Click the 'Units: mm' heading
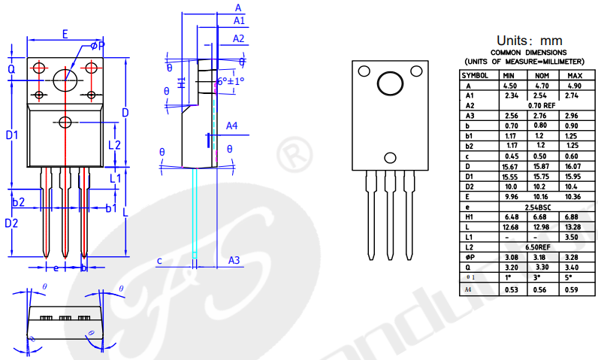[x=529, y=40]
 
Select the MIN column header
[x=509, y=76]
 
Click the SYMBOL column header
[x=475, y=76]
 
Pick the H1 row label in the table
[x=469, y=216]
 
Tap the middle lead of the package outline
[x=390, y=214]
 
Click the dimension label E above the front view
[x=65, y=34]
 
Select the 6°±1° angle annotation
[x=230, y=81]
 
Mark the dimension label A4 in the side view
[x=232, y=126]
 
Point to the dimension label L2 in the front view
[x=114, y=144]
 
